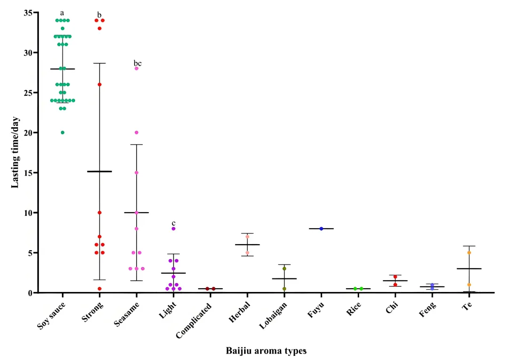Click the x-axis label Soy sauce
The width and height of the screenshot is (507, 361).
(x=53, y=313)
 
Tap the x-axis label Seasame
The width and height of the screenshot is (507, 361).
(x=127, y=312)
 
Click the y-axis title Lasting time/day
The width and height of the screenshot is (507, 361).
(x=15, y=152)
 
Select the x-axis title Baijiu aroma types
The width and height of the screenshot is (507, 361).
(x=266, y=351)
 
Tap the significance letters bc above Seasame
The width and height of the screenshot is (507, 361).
(x=137, y=63)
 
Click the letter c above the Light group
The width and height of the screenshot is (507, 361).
(x=173, y=223)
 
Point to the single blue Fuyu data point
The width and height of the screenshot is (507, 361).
(x=322, y=229)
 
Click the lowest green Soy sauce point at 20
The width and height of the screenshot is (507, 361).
(x=62, y=132)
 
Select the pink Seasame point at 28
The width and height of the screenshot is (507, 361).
(x=137, y=69)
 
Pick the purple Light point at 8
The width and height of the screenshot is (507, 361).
(x=173, y=229)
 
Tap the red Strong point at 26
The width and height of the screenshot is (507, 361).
(x=100, y=84)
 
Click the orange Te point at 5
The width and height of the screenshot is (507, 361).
(x=469, y=253)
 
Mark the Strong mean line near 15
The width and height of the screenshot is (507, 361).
(x=100, y=171)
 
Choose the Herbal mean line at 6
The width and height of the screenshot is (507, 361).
(x=247, y=245)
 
